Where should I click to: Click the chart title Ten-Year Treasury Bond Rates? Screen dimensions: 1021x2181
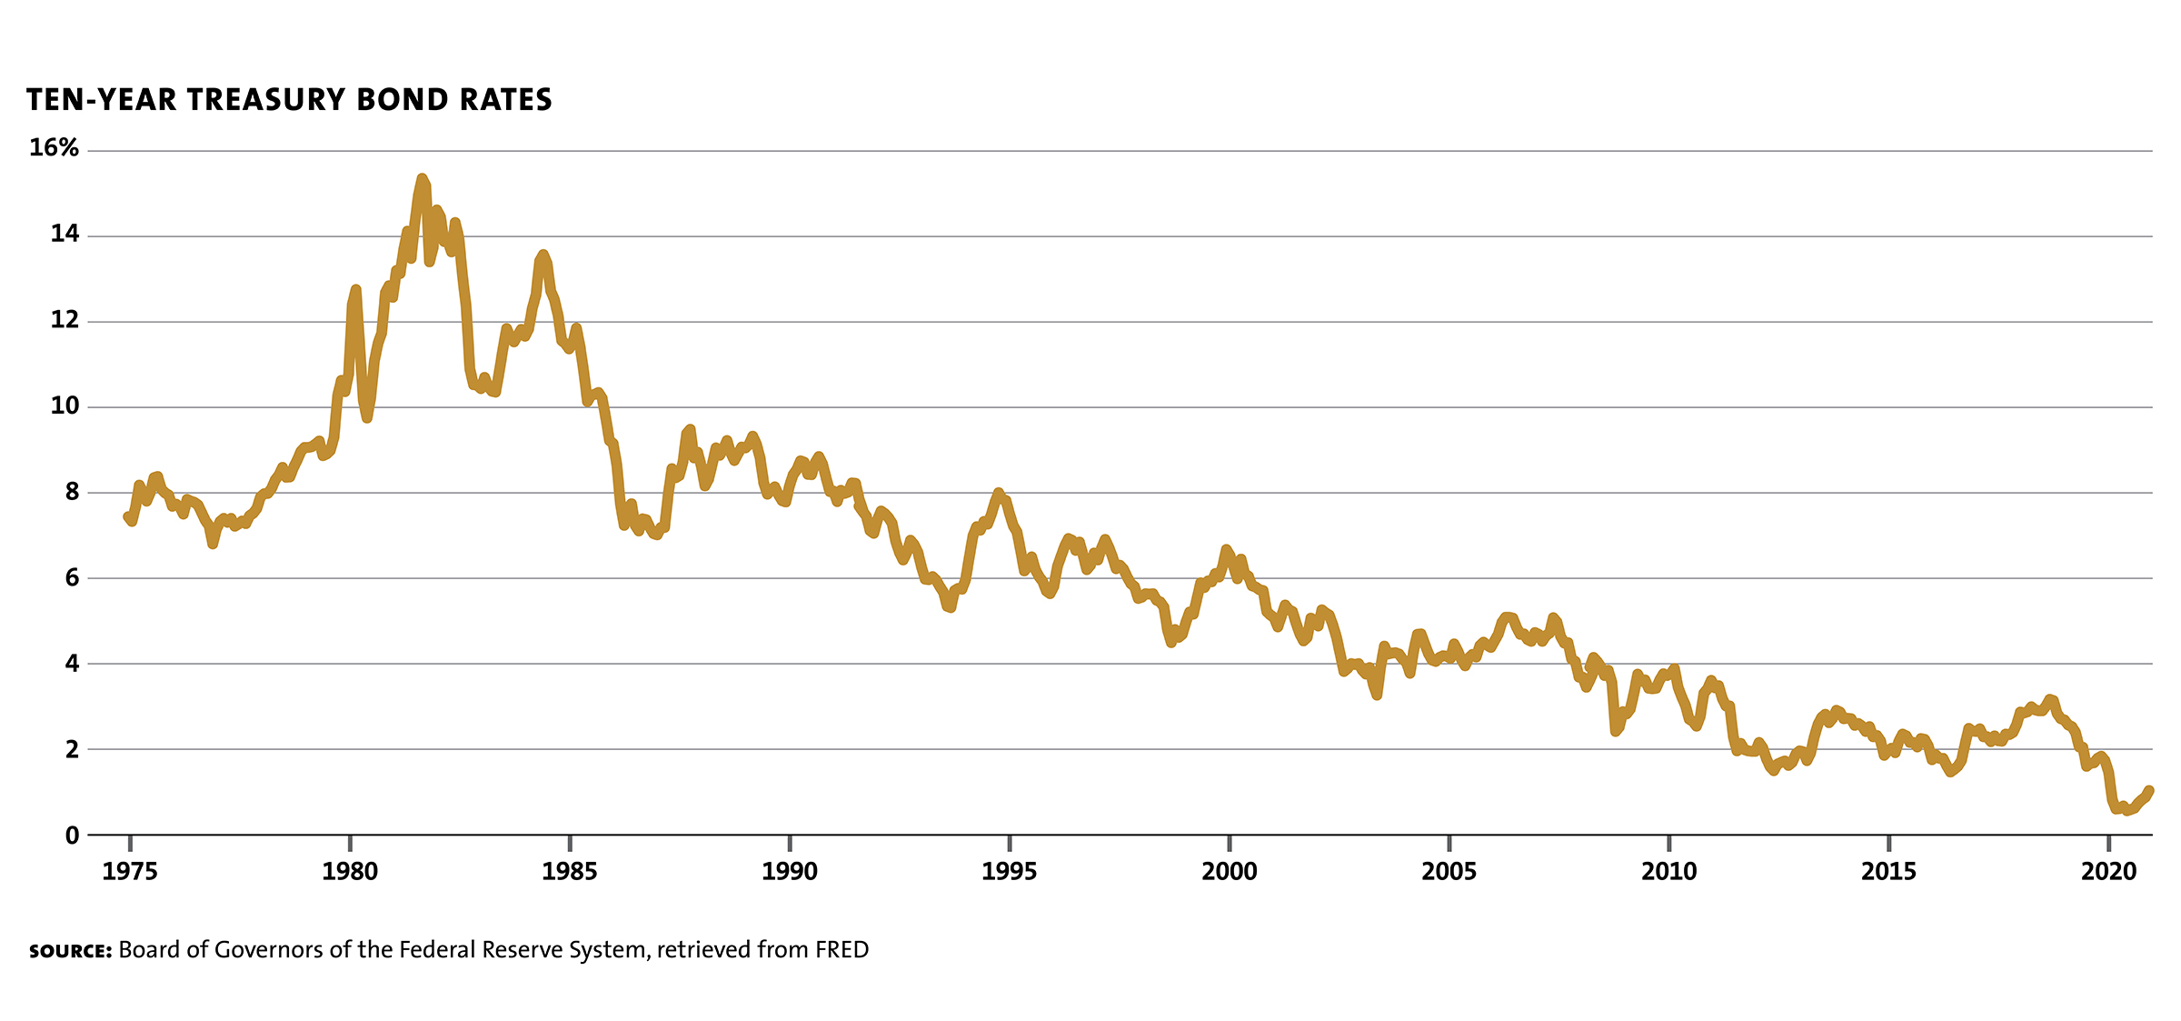click(289, 100)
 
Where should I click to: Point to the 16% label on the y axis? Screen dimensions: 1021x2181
click(54, 147)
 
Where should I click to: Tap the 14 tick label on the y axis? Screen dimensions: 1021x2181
click(65, 235)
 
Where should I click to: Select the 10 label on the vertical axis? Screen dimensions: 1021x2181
click(65, 405)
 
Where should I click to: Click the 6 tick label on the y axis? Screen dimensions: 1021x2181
click(71, 577)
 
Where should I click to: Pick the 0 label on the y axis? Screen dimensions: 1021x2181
click(72, 836)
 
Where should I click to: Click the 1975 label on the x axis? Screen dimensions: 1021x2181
click(130, 872)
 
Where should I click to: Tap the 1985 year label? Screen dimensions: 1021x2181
click(570, 872)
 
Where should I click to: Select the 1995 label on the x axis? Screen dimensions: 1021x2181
click(1009, 872)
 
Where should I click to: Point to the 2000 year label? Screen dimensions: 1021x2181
click(1229, 872)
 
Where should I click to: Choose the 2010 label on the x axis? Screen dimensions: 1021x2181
click(1668, 872)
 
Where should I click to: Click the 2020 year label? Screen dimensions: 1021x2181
click(2108, 872)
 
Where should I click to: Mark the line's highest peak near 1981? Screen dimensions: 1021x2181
click(422, 178)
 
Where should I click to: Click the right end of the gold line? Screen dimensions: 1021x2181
click(2149, 791)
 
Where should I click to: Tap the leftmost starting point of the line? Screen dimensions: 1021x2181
click(127, 516)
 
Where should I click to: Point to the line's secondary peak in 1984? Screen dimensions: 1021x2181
click(543, 255)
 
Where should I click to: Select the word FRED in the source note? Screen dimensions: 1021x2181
click(842, 950)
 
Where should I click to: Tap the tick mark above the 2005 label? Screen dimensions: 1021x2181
click(1449, 843)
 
